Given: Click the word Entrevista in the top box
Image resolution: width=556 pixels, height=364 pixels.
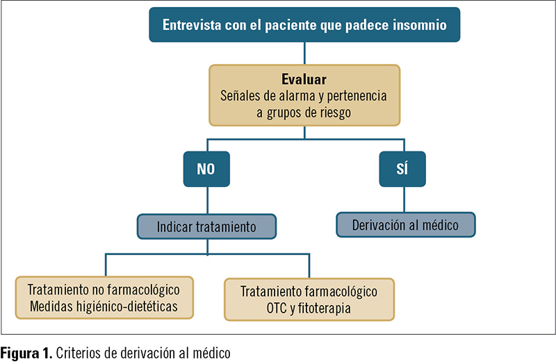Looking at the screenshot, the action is coord(192,25).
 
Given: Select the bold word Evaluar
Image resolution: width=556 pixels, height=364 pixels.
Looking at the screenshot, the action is coord(304,79).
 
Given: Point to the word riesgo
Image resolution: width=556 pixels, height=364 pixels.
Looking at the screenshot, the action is coord(335,113).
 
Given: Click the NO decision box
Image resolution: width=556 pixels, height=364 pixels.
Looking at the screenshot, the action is coord(206,169).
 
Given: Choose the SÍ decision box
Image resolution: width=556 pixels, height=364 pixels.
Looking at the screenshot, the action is coord(402,169).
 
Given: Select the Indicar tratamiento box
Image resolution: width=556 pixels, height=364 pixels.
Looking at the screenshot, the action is coord(206,226).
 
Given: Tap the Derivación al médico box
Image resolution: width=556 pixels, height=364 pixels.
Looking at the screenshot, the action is coord(406,224).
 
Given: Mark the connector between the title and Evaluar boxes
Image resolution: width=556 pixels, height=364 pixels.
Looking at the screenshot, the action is coord(304,53).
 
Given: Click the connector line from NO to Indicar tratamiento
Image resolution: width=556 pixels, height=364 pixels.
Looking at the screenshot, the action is coord(207,200).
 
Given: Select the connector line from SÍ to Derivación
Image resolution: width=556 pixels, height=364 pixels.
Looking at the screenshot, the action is coord(404,199).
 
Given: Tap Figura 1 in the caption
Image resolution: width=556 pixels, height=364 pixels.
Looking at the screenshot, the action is coord(26,354).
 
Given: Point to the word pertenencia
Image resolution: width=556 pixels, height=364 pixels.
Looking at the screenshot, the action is coord(357,96).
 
